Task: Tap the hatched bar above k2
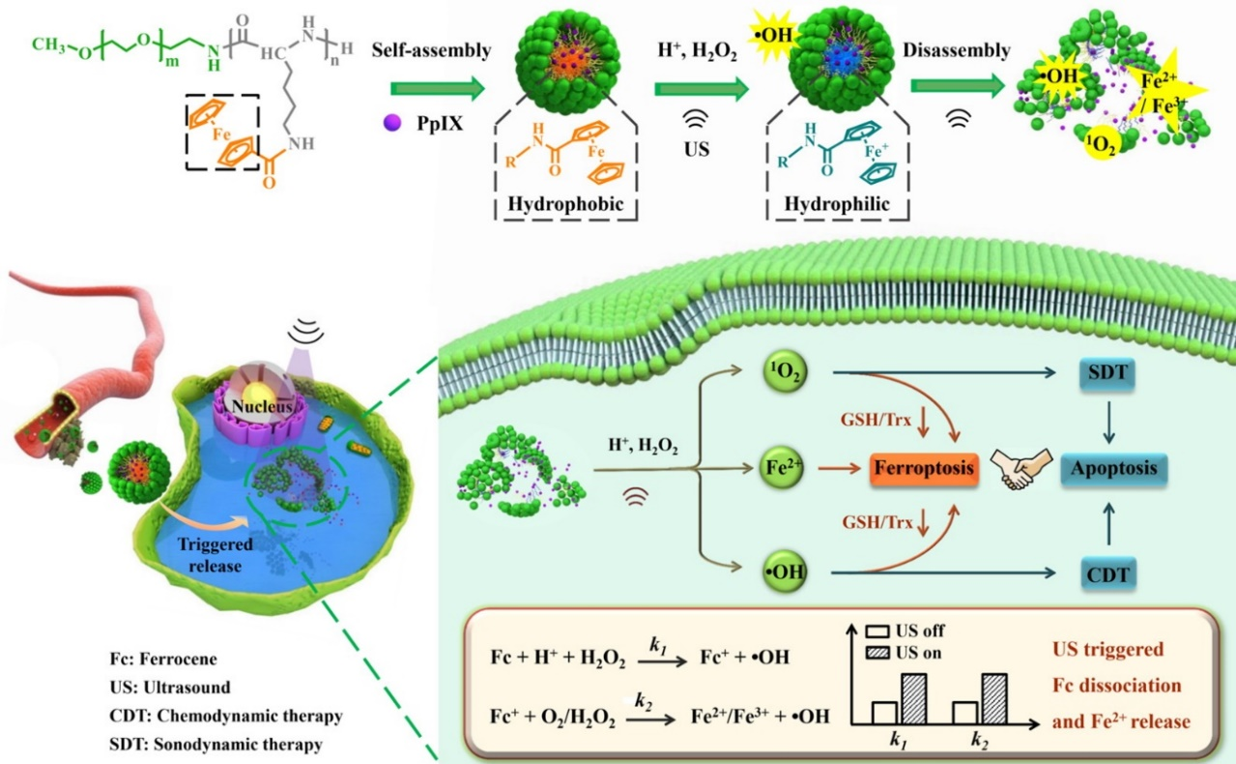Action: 994,698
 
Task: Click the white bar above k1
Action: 883,712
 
